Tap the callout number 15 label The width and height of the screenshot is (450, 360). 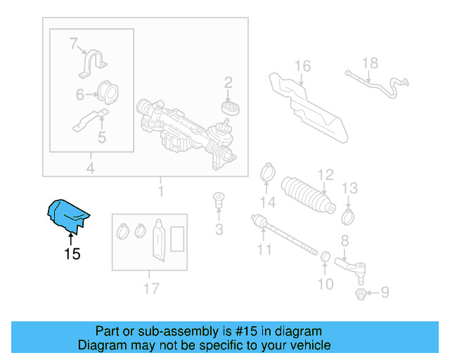tap(72, 254)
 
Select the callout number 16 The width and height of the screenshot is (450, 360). tap(302, 67)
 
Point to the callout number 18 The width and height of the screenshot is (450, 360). tap(370, 63)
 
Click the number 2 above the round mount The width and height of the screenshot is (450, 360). tap(228, 84)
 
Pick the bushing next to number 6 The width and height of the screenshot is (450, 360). tap(108, 93)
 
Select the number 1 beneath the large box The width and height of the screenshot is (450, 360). tap(160, 191)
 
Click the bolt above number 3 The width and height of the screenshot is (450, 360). tap(218, 200)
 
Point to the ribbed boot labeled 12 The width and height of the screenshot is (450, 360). tap(308, 195)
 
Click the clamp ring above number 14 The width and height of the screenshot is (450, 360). tap(267, 171)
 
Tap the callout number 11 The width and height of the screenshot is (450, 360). tap(264, 250)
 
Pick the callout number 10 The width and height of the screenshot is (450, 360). tap(326, 284)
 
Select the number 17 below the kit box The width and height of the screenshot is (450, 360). tap(150, 288)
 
